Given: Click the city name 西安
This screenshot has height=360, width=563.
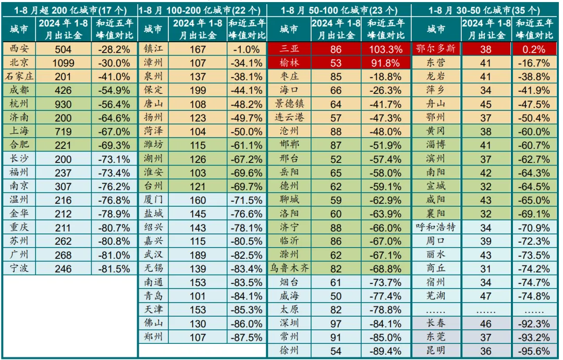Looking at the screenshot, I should [19, 49].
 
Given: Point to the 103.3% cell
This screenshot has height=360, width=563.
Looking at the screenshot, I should [385, 49].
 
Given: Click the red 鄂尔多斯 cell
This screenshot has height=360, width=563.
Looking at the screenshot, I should [435, 49].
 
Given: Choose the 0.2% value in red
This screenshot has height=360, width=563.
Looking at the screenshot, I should [534, 49].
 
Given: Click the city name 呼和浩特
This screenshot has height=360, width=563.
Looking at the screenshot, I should [435, 228].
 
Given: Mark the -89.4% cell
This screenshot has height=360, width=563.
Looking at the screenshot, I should [385, 350].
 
